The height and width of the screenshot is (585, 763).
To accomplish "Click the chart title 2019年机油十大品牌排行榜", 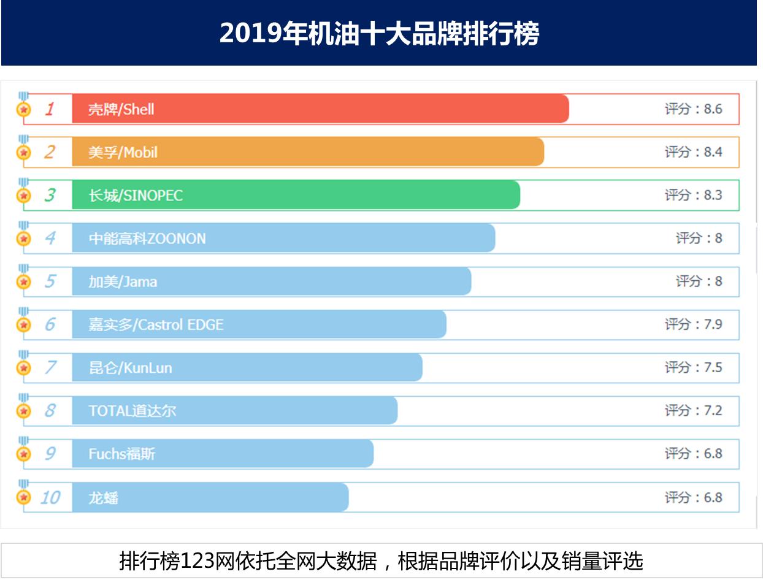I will (x=379, y=33).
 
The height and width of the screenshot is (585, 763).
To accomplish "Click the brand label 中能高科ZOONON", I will (x=147, y=239).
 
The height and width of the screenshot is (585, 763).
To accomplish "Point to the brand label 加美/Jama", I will (x=123, y=281).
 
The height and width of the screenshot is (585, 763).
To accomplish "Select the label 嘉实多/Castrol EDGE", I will (x=156, y=324).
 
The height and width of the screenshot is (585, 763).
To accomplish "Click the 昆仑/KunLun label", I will (x=130, y=368).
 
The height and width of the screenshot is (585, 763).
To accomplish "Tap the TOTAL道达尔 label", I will (x=132, y=411).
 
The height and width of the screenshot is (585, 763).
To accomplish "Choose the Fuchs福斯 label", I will (x=121, y=454).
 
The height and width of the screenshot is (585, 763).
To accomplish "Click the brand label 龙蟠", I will (x=103, y=497).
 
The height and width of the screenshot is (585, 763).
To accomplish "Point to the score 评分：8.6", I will (x=693, y=109).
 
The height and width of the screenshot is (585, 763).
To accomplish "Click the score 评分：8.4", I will (x=693, y=152).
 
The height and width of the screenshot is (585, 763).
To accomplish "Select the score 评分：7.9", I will (x=693, y=324).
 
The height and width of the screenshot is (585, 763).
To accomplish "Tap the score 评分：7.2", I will (x=693, y=410).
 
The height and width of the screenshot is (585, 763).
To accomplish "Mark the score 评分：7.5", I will (x=693, y=367).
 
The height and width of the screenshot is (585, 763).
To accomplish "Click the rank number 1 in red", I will (x=50, y=109).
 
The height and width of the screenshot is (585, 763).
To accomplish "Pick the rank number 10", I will (x=50, y=497).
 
